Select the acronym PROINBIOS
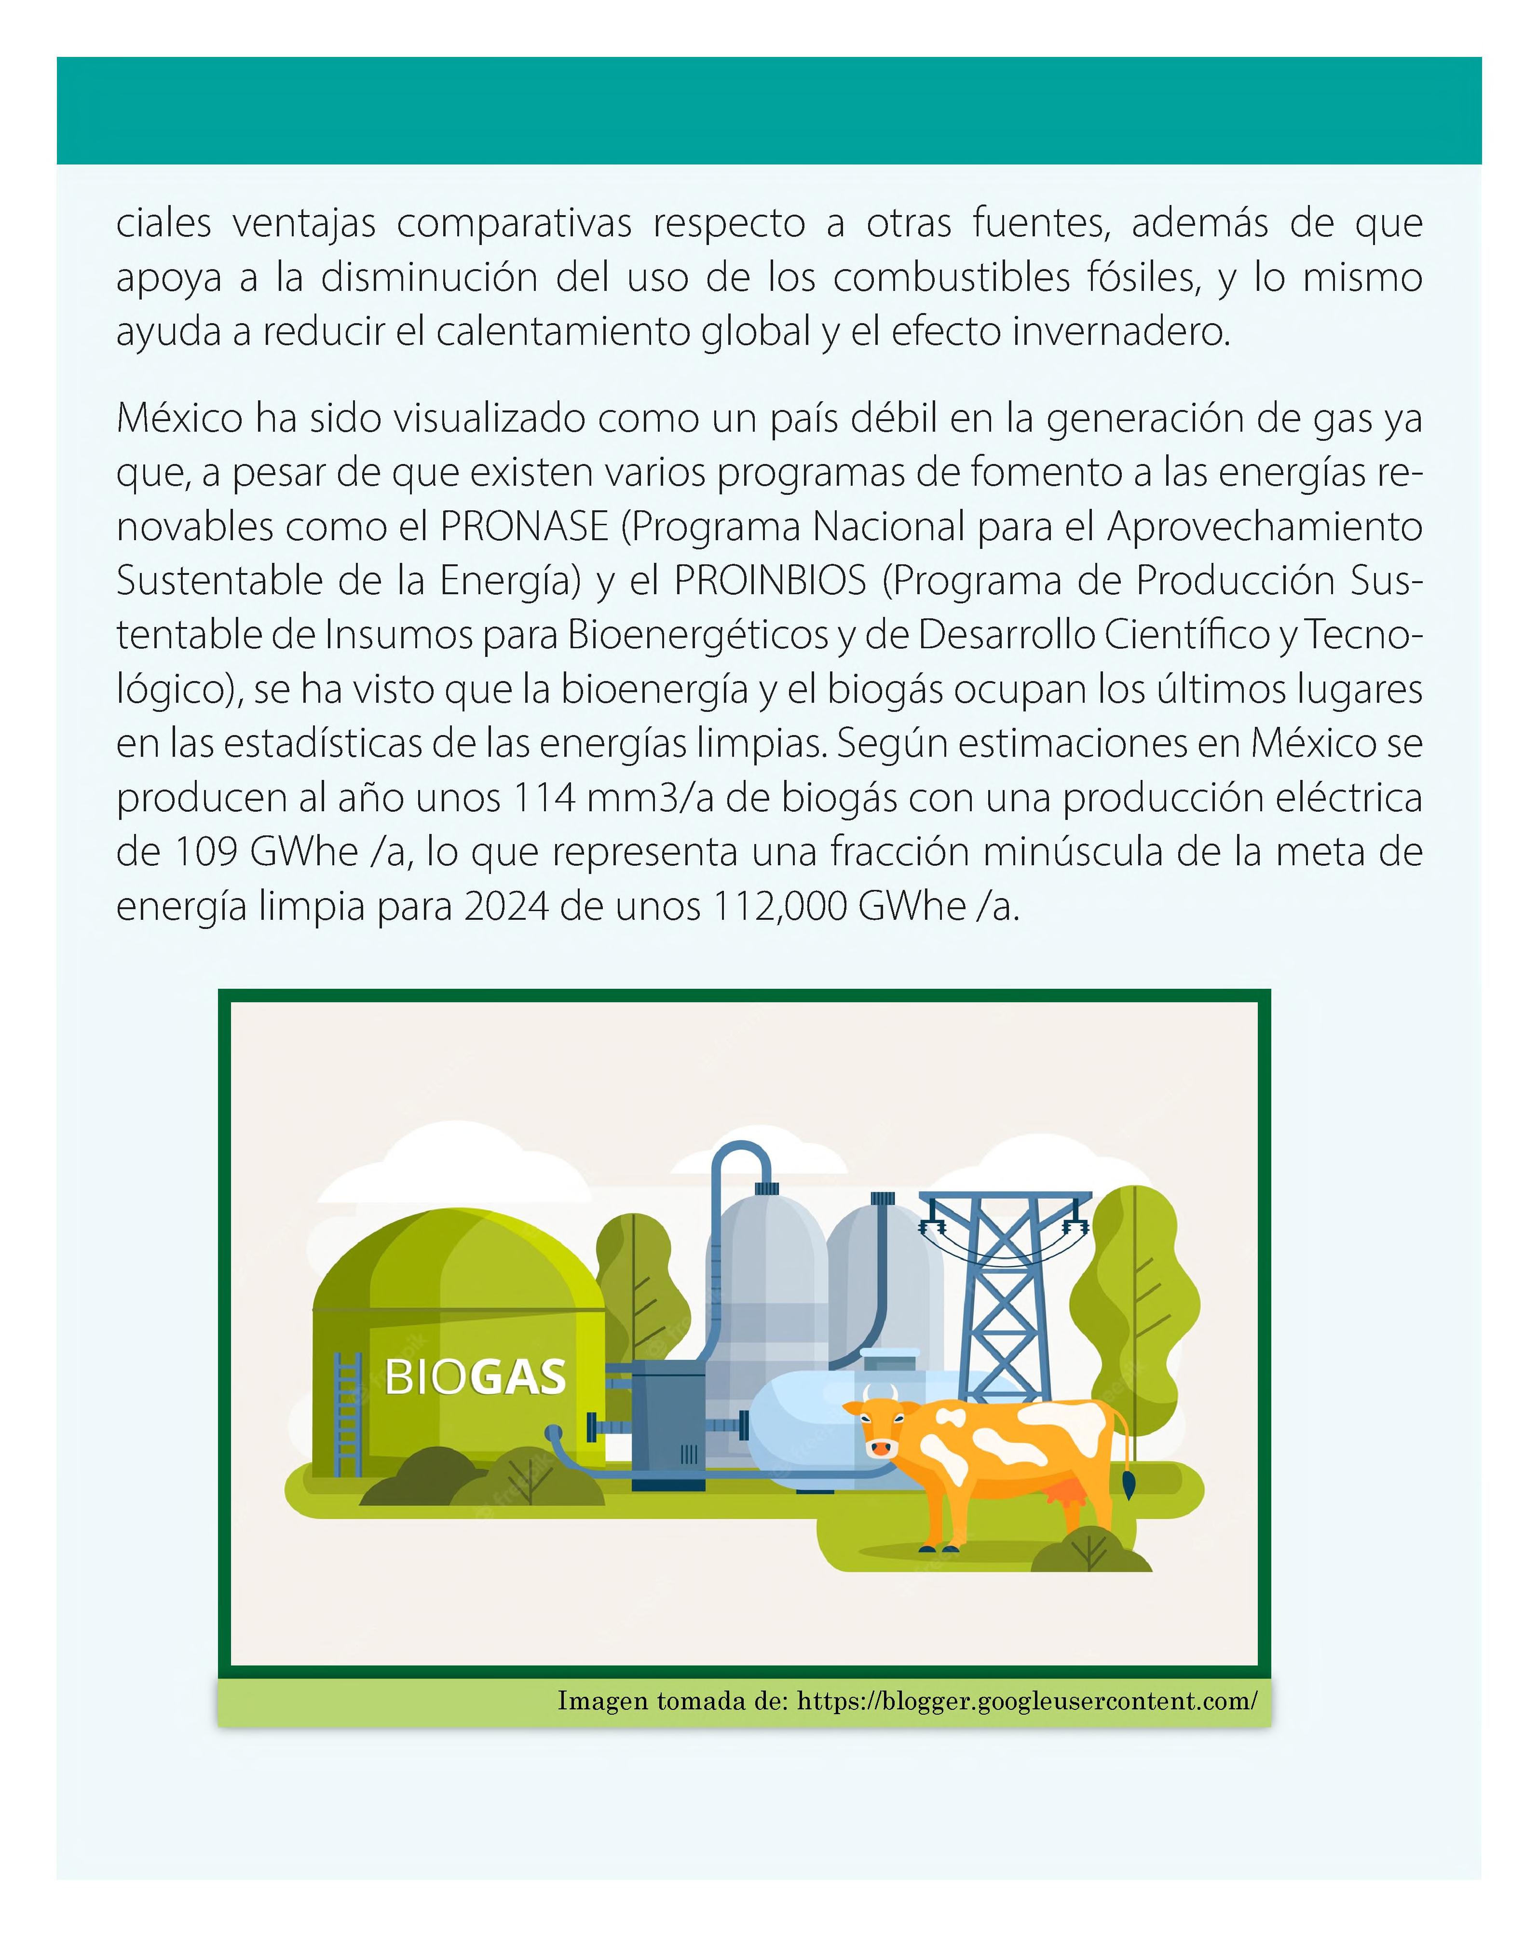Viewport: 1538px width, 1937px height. (770, 581)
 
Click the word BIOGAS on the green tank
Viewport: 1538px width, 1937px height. (475, 1378)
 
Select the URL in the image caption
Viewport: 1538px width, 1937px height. (1026, 1701)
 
